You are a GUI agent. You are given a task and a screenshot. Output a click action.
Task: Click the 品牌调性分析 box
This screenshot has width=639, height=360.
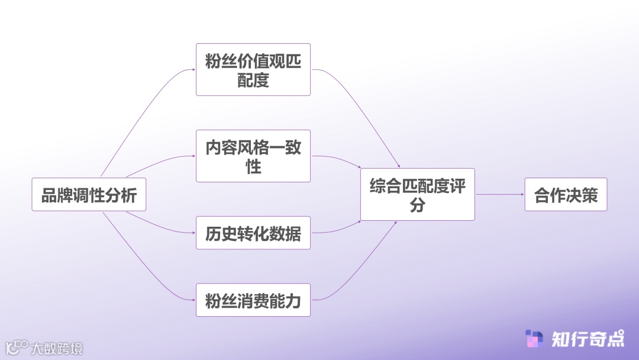click(89, 194)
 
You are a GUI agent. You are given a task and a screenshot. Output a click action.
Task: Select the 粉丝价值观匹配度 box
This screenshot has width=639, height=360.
click(253, 69)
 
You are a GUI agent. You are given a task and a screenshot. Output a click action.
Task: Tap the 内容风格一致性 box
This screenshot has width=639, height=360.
click(253, 156)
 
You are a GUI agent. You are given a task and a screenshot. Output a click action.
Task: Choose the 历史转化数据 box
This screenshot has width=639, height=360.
click(253, 233)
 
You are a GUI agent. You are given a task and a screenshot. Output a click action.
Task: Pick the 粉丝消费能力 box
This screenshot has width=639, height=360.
click(253, 300)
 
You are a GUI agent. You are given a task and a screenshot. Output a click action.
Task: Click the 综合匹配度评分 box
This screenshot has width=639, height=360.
click(418, 194)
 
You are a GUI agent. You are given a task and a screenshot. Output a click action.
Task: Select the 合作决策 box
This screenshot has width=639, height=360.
click(566, 194)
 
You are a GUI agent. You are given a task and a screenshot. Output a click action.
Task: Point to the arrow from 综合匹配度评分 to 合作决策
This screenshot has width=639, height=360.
click(499, 194)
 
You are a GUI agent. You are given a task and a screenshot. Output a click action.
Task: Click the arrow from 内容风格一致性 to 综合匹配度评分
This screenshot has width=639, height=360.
click(337, 159)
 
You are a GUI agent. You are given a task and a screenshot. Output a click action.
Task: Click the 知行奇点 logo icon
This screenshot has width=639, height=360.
click(534, 339)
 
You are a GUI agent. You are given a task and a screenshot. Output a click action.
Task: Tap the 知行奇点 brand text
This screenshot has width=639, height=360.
click(588, 339)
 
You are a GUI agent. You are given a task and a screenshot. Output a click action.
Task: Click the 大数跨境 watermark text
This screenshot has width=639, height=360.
click(57, 348)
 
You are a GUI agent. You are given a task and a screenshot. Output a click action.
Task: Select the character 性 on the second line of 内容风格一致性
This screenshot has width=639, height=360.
click(253, 167)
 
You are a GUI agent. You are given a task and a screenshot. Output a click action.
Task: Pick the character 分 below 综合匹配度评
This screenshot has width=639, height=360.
click(418, 205)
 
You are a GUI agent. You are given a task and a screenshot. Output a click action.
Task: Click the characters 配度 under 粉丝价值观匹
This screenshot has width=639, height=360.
click(253, 81)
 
